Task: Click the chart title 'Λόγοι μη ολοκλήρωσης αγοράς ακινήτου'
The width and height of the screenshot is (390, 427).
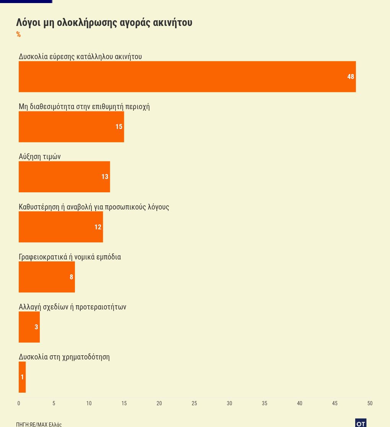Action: [104, 23]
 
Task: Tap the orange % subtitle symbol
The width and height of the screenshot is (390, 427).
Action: [18, 35]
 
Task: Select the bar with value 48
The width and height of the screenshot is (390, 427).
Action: [187, 77]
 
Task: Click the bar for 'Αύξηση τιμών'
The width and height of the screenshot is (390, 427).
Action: [64, 177]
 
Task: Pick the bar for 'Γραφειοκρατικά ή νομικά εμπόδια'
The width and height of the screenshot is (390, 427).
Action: [47, 277]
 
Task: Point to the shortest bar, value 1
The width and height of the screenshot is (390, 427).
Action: [22, 377]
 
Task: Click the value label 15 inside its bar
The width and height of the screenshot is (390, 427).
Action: [119, 127]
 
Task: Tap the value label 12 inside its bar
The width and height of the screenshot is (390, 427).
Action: [98, 227]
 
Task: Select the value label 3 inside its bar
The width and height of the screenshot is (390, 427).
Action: [36, 327]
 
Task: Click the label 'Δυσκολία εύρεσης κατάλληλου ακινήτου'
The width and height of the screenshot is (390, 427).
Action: [80, 56]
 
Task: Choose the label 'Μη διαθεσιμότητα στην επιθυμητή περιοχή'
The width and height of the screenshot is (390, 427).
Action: [84, 106]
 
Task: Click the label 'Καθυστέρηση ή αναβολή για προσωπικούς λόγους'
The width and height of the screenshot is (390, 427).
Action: [94, 207]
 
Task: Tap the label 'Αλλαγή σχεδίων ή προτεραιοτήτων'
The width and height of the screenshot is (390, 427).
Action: [72, 307]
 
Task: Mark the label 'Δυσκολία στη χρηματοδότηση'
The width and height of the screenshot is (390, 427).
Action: [64, 357]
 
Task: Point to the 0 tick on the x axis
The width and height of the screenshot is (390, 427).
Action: [19, 403]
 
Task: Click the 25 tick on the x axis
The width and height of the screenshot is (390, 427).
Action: [194, 403]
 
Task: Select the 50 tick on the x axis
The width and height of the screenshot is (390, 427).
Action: [370, 403]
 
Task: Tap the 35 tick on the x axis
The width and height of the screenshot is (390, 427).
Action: [265, 403]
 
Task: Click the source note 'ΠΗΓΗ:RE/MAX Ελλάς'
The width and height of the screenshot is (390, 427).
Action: [39, 424]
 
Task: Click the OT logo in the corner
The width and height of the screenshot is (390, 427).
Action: [361, 423]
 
